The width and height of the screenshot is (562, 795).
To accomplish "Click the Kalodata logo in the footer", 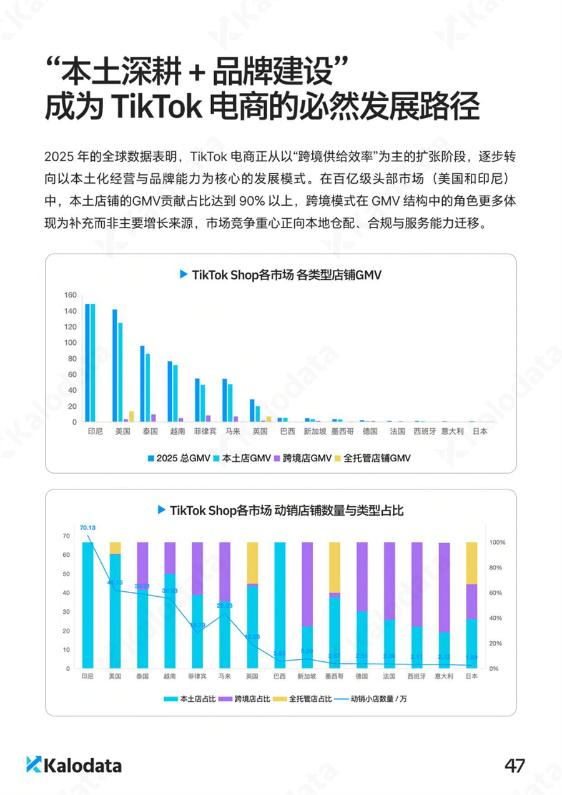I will (x=74, y=765).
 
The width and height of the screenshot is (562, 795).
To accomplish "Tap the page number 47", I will (x=514, y=765).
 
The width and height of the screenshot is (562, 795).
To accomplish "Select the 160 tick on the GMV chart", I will (x=70, y=295).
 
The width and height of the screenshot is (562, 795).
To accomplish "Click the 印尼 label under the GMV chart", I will (x=95, y=432).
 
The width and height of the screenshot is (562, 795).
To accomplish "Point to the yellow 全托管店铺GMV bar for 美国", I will (x=131, y=416).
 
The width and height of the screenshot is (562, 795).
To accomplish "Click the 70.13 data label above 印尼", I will (x=87, y=527).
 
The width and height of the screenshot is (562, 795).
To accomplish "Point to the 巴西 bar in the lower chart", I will (x=280, y=605).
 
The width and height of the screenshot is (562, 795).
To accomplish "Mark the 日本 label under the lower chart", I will (x=472, y=676).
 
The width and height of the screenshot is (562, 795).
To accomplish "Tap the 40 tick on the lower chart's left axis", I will (x=66, y=592).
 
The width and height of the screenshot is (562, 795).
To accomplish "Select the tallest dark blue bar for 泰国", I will (x=142, y=384).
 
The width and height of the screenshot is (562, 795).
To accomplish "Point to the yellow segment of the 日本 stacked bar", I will (x=472, y=562).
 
